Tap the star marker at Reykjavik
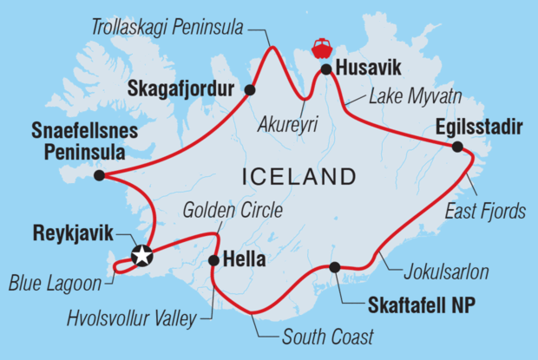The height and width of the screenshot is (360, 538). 141,255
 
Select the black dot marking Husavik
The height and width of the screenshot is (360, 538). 325,69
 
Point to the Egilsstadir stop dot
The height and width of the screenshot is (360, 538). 458,147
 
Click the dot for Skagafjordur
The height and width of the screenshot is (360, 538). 250,89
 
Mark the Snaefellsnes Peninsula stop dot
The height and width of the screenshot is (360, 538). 99,175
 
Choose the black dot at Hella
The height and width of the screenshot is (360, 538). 213,259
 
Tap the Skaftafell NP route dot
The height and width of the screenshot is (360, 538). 334,267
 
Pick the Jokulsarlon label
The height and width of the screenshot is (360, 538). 445,272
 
